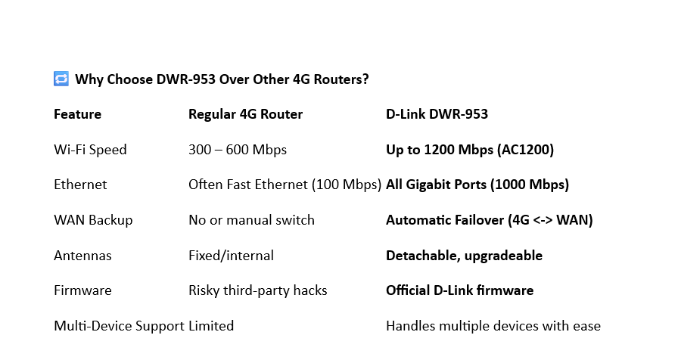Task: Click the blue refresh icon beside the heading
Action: click(61, 79)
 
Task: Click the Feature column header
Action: click(77, 114)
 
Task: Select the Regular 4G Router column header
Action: click(245, 114)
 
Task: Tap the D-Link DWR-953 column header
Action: click(437, 114)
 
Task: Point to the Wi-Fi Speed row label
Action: click(90, 150)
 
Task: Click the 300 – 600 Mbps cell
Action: click(238, 150)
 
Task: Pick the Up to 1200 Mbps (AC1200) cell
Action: click(470, 150)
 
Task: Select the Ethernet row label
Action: click(80, 185)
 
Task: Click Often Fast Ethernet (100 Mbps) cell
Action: click(285, 185)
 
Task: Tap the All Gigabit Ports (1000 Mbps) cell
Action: click(477, 185)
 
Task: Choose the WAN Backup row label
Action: click(93, 220)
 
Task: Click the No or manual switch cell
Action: click(251, 220)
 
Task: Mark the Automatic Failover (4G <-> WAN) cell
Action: click(489, 220)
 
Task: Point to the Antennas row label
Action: click(82, 256)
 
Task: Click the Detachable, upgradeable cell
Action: click(464, 256)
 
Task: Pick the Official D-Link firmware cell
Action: click(459, 290)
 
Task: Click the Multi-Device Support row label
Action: click(119, 326)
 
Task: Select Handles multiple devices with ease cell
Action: click(493, 326)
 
